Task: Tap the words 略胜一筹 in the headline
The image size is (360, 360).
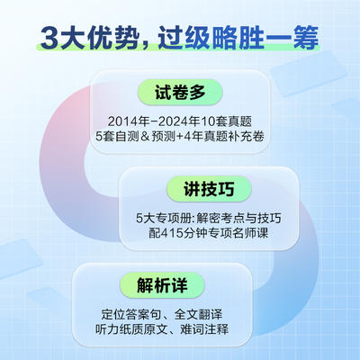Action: [265, 38]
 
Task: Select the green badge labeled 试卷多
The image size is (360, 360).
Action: [180, 92]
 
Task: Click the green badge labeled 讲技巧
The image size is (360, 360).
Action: [209, 189]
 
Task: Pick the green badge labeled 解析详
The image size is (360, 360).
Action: [162, 285]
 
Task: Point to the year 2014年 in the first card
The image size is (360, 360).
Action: [129, 121]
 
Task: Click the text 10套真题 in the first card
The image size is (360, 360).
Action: [226, 121]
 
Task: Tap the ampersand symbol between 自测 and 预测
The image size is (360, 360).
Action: [145, 137]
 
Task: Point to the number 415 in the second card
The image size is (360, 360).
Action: [172, 233]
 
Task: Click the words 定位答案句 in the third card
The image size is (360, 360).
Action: [131, 314]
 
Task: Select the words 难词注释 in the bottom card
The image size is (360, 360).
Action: [204, 329]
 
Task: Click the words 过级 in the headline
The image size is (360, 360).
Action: [184, 38]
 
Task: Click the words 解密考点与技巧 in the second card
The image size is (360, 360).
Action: [239, 218]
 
